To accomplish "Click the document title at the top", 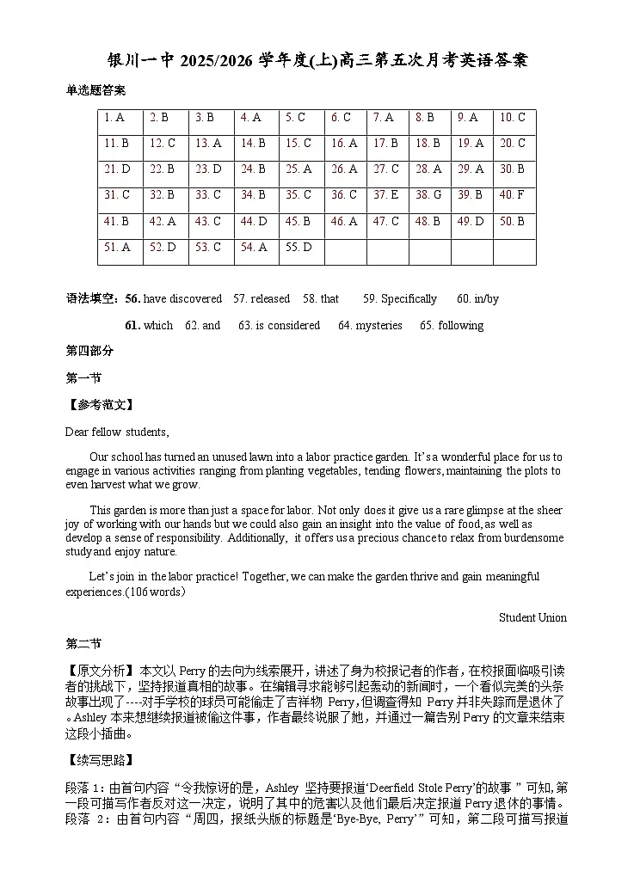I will pos(317,60).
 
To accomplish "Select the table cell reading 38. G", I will pos(428,195).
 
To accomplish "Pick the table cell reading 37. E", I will pos(386,195).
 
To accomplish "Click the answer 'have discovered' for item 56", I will pos(182,299).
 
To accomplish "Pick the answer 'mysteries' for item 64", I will pos(378,326).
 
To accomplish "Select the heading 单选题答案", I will pos(95,90).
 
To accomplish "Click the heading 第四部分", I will pos(89,351).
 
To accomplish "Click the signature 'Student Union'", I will pos(532,617).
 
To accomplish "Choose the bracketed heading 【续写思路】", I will pos(100,760).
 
